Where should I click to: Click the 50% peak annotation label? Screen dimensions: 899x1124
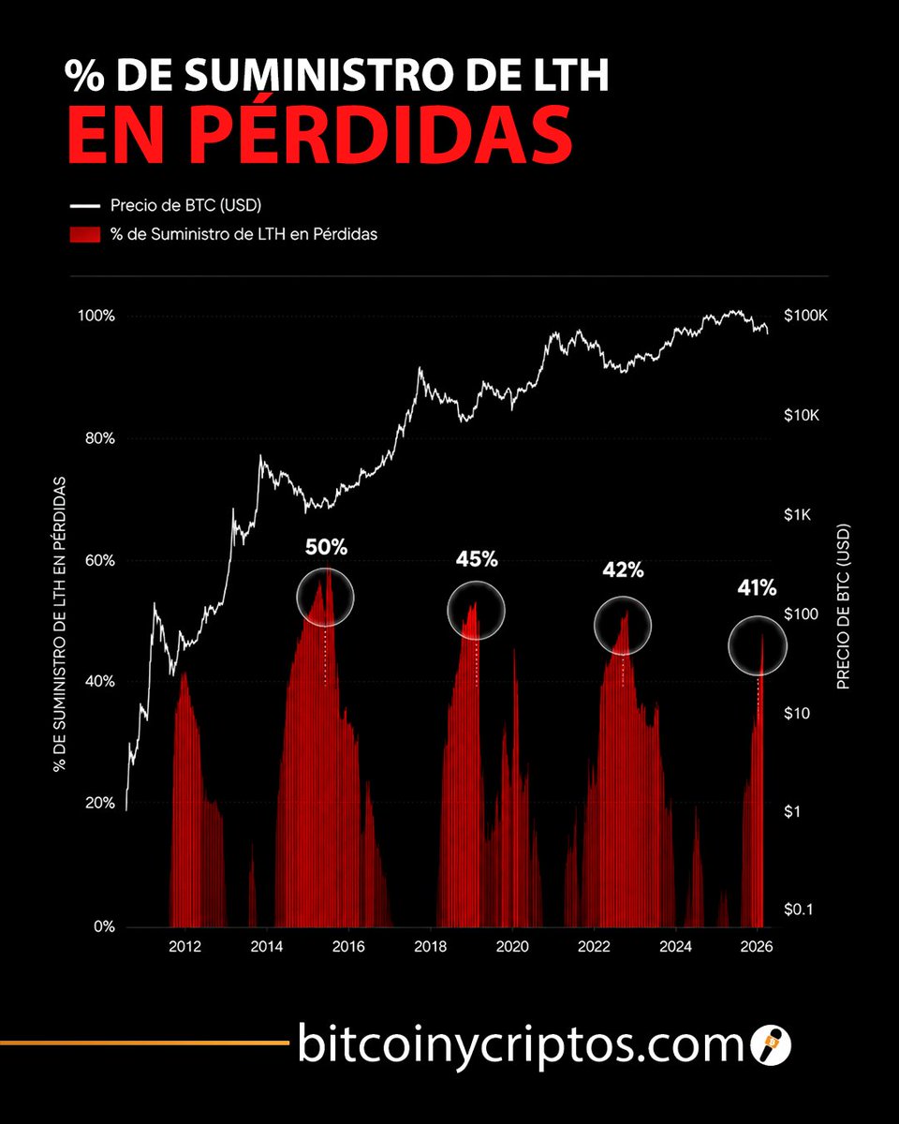click(x=327, y=547)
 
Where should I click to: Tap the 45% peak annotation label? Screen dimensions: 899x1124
click(x=477, y=559)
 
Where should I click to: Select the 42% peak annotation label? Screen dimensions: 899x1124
click(x=623, y=569)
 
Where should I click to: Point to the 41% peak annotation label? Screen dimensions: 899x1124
click(x=757, y=588)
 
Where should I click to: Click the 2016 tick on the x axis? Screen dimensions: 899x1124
click(x=348, y=946)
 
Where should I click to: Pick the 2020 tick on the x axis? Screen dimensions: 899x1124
click(x=512, y=946)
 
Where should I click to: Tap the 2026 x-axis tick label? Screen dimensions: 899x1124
click(x=757, y=946)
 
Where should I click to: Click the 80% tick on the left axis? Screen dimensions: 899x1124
click(x=100, y=438)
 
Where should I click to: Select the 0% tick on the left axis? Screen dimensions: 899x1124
click(x=104, y=926)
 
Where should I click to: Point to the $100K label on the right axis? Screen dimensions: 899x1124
click(x=805, y=316)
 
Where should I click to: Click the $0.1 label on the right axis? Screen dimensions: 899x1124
click(x=798, y=910)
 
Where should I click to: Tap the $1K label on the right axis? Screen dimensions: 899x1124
click(x=797, y=515)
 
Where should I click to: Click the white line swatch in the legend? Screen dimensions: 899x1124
click(x=85, y=206)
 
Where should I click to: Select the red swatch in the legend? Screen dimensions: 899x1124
click(x=85, y=234)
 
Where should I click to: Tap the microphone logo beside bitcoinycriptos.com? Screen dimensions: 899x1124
click(x=771, y=1043)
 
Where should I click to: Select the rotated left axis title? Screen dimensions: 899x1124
click(x=60, y=624)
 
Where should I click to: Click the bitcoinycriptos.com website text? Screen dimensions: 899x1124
click(x=521, y=1043)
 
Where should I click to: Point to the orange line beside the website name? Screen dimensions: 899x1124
click(x=145, y=1043)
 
